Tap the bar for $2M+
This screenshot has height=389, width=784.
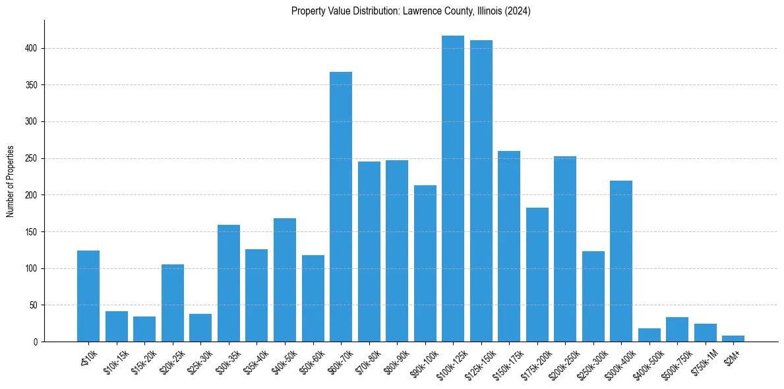coord(733,338)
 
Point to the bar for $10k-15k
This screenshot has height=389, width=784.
coord(117,326)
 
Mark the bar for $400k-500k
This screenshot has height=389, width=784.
coord(649,335)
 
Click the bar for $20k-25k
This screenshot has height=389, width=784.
coord(173,303)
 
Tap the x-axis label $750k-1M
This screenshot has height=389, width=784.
coord(700,361)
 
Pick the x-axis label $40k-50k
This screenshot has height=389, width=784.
coord(279,361)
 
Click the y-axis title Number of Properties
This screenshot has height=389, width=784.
coord(11,181)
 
